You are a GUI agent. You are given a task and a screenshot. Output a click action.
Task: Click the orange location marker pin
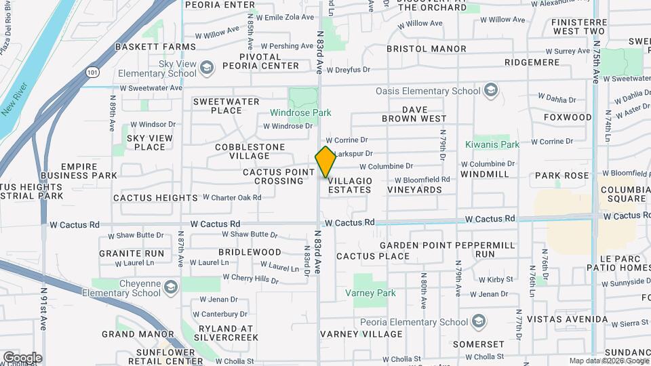(325, 162)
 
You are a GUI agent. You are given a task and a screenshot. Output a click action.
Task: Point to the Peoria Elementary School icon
(479, 321)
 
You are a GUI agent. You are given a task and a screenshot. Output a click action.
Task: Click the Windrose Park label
(300, 113)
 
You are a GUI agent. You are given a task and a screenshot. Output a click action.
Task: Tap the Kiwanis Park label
(492, 144)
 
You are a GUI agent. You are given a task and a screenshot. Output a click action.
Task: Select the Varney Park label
(370, 293)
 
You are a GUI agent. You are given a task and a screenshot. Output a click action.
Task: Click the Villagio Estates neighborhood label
(350, 185)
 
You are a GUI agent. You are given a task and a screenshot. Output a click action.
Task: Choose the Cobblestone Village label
(250, 151)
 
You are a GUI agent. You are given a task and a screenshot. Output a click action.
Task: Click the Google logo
(22, 357)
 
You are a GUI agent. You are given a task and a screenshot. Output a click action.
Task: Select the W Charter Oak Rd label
(232, 198)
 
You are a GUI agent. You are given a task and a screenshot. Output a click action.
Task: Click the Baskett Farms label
(155, 47)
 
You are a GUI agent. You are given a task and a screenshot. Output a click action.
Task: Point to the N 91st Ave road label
(43, 308)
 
